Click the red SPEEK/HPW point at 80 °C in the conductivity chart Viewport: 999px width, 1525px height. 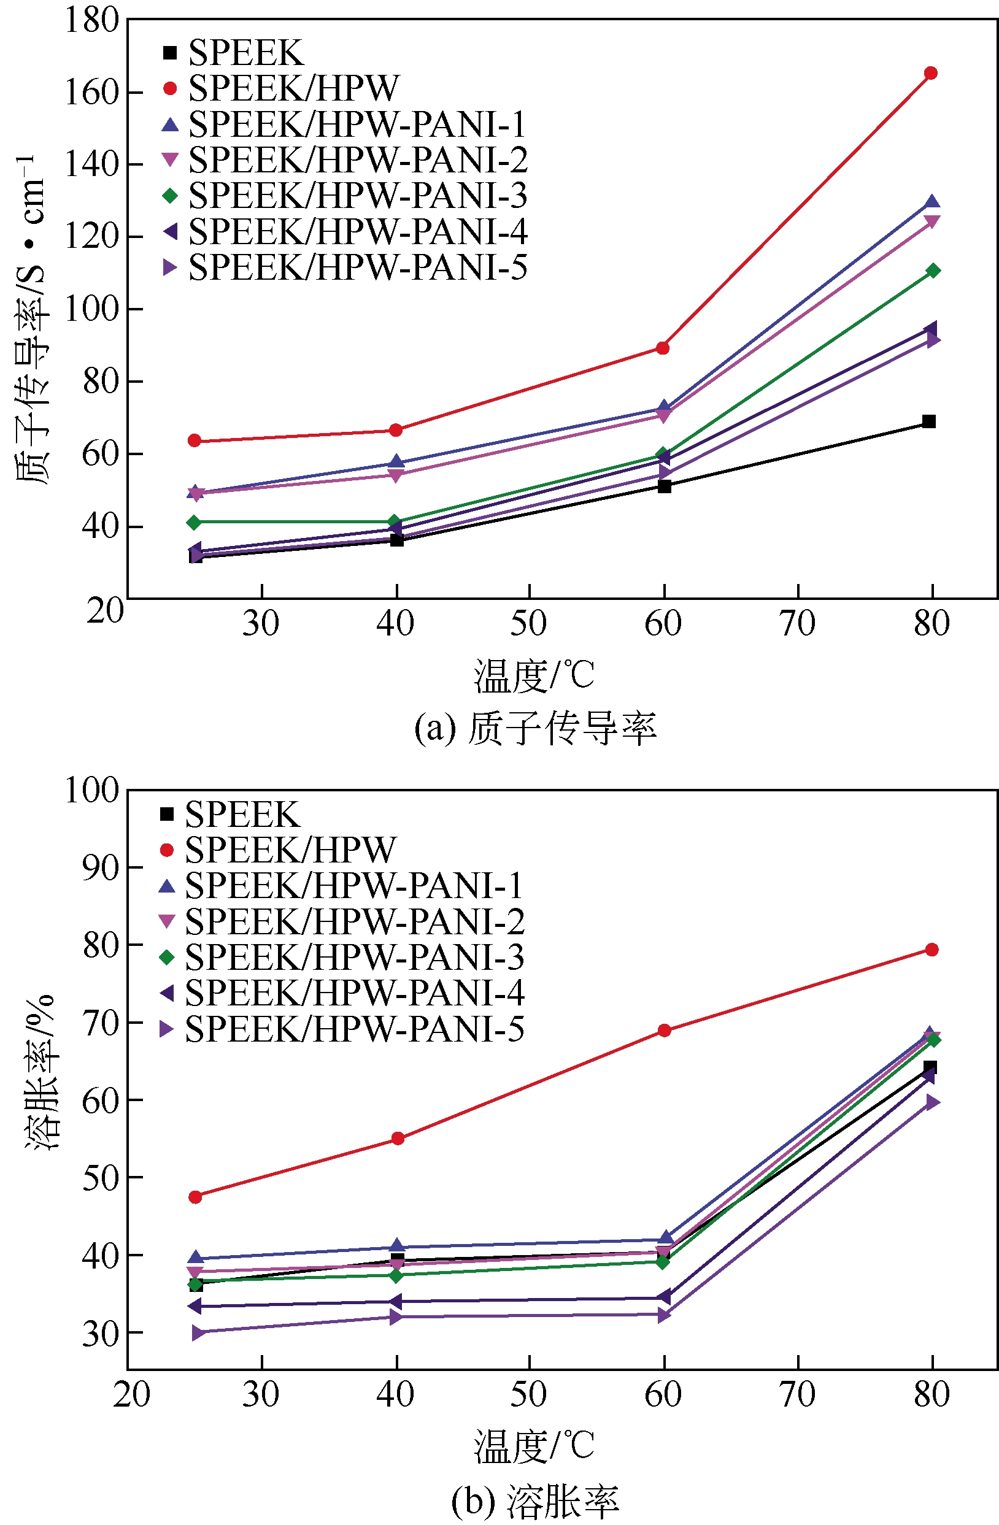click(930, 73)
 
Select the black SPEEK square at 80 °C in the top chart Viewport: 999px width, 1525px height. click(928, 421)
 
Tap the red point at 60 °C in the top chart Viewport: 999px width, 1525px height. click(663, 348)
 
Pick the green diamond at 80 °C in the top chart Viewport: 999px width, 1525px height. click(933, 271)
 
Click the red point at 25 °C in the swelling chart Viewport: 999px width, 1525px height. click(195, 1196)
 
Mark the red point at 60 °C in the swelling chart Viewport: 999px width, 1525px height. click(665, 1031)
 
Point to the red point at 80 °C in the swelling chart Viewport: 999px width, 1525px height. click(931, 950)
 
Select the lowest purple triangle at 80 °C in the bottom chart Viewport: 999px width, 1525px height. click(932, 1102)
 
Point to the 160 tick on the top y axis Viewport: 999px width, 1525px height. click(92, 92)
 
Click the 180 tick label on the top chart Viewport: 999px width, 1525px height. click(92, 20)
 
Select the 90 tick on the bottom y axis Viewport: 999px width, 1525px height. click(101, 867)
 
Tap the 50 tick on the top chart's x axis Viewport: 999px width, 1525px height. click(529, 623)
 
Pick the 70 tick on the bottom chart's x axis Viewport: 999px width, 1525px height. click(798, 1394)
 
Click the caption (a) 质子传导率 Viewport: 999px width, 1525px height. click(535, 729)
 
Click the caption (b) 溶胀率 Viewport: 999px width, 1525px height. click(535, 1501)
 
